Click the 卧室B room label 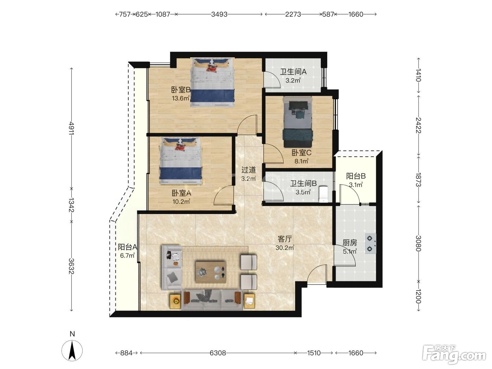(x=181, y=90)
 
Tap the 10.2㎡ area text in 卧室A (x=181, y=201)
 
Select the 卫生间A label (x=293, y=72)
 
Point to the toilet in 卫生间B (x=323, y=194)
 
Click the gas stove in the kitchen (x=370, y=244)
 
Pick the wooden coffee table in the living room (x=211, y=272)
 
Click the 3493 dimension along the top (x=219, y=14)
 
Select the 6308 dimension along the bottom (x=218, y=353)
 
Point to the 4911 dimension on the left (x=71, y=128)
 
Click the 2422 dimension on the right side (x=419, y=125)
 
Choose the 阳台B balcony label (x=356, y=176)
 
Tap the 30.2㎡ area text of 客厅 (x=285, y=247)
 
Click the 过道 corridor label (x=248, y=170)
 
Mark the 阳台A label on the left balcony (x=128, y=247)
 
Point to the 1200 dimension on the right (x=419, y=296)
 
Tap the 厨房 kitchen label (x=350, y=242)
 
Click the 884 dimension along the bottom (x=126, y=353)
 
